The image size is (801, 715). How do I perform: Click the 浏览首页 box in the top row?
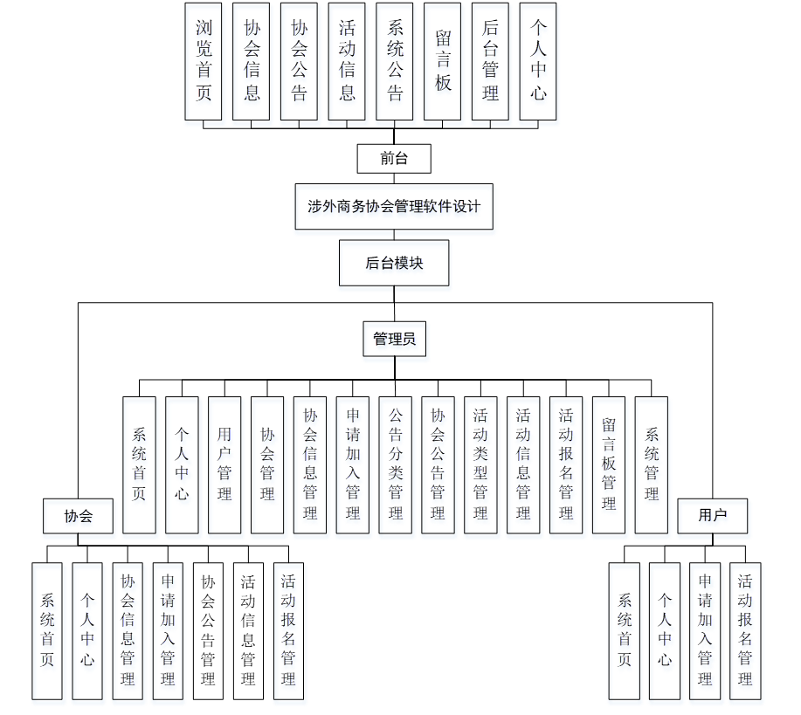204,60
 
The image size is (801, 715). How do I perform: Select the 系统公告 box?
395,60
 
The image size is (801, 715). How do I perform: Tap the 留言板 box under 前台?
443,60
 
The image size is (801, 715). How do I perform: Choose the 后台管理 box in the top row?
490,60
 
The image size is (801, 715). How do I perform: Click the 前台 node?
394,158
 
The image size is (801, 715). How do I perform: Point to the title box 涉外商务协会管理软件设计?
394,207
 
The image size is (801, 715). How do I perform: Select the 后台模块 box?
394,263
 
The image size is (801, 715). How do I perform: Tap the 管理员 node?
394,339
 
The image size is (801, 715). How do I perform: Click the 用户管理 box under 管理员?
224,464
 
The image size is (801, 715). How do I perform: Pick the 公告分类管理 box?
396,464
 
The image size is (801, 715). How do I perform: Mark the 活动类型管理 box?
480,464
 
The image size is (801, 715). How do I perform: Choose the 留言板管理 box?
609,464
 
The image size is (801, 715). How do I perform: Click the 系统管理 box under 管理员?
652,464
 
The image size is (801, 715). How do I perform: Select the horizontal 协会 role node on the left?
79,515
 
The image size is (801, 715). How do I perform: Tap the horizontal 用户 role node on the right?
713,515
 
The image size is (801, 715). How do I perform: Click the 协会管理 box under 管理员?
267,464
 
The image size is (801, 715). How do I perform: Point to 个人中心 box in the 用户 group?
665,630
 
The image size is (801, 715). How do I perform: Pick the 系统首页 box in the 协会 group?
47,630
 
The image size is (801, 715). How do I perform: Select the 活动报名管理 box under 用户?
745,630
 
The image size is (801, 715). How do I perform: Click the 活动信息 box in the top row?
347,60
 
